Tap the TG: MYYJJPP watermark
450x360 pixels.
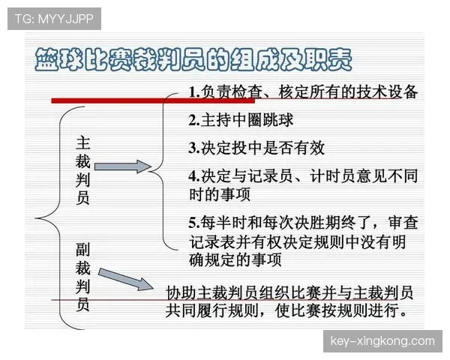coord(54,19)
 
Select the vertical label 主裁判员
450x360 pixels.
coord(83,169)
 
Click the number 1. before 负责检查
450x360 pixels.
coord(194,93)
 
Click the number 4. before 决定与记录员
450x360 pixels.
coord(193,175)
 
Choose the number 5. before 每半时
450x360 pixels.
coord(193,223)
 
